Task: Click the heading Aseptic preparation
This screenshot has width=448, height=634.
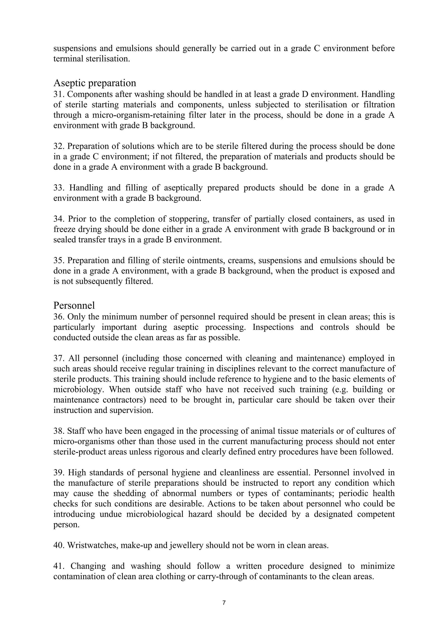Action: (95, 83)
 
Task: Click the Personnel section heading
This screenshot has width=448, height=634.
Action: (74, 305)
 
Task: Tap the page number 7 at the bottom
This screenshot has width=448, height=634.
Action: (224, 602)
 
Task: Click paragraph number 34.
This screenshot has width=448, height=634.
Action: (59, 219)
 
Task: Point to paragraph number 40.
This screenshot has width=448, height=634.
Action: (59, 545)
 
